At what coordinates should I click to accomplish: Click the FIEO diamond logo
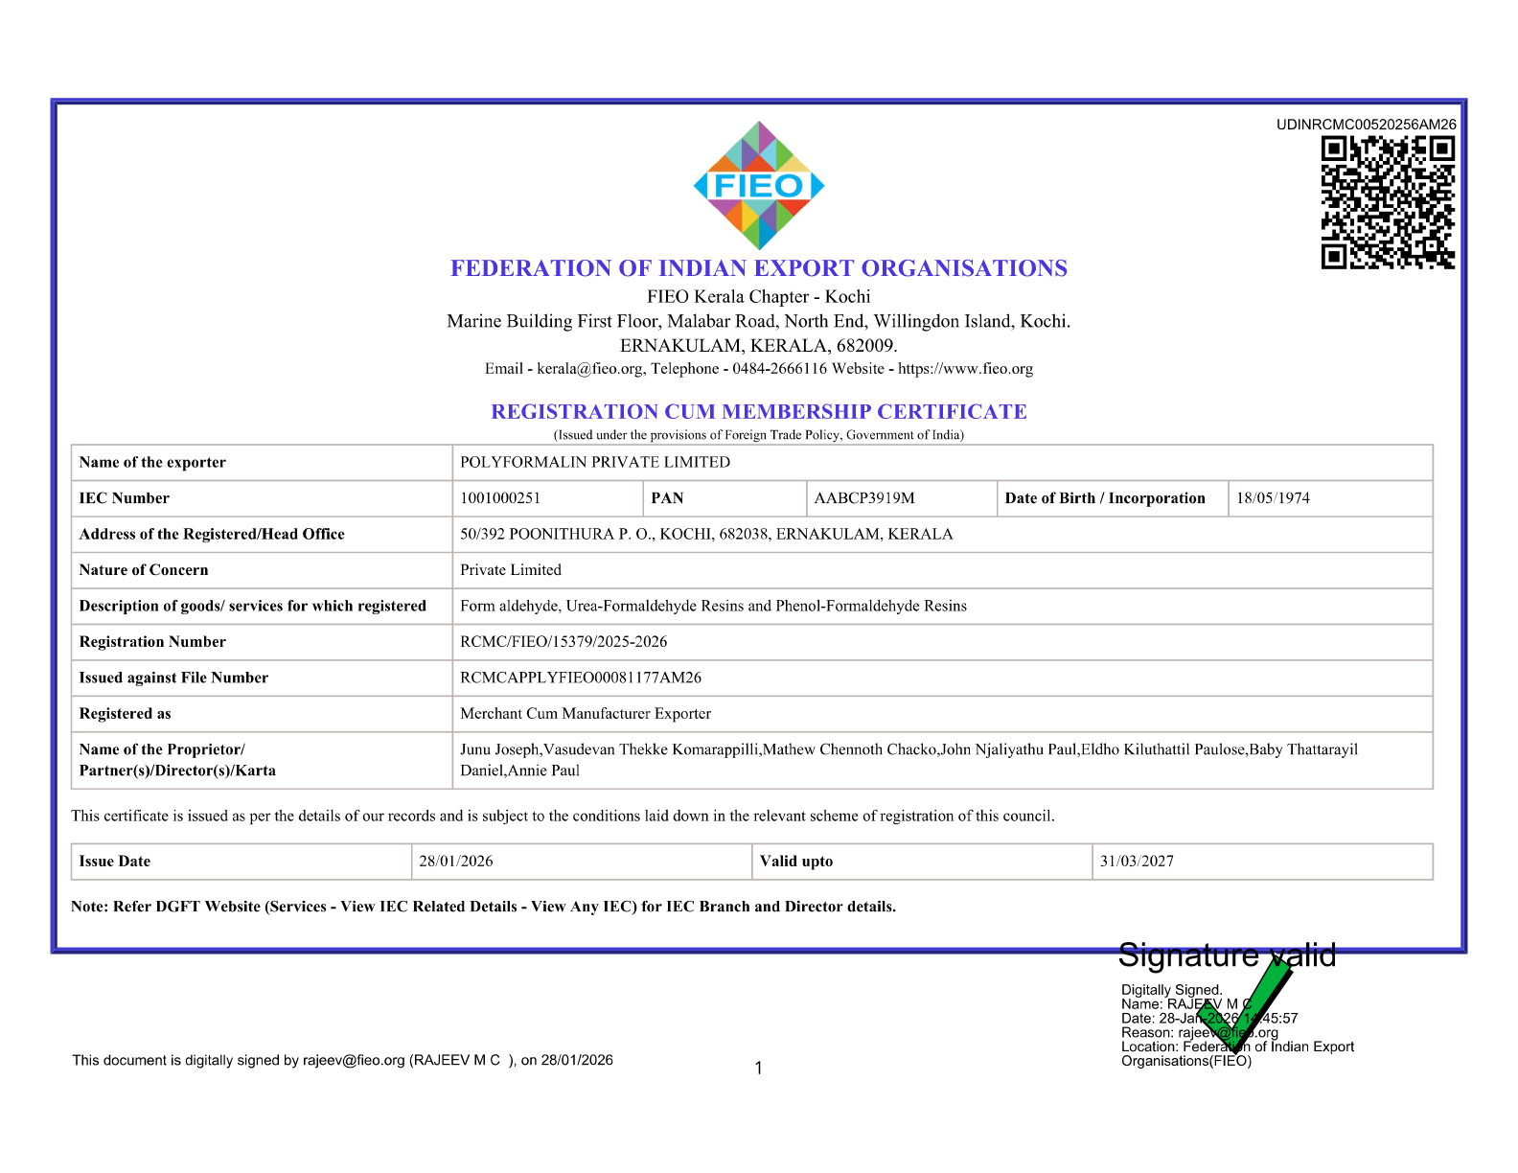point(758,186)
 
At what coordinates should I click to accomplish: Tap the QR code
point(1387,202)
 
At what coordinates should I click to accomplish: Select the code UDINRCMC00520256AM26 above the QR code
point(1366,125)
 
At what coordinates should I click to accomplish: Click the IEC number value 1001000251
point(500,498)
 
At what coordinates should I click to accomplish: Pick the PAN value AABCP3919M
point(863,498)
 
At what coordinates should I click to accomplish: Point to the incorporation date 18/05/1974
point(1272,498)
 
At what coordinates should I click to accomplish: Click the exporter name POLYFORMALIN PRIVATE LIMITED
point(594,462)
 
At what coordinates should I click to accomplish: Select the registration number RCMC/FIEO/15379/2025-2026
point(563,642)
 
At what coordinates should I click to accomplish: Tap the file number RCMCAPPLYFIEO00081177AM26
point(580,678)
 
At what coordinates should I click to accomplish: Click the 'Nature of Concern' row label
point(144,570)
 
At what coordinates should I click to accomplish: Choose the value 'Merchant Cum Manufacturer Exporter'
point(585,714)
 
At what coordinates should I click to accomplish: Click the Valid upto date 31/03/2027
point(1136,862)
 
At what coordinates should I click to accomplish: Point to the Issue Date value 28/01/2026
point(455,862)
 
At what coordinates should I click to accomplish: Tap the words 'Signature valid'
point(1226,955)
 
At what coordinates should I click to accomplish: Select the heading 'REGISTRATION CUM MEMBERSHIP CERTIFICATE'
point(758,412)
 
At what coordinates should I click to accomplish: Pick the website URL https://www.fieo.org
point(965,369)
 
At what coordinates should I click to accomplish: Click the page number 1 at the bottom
point(758,1069)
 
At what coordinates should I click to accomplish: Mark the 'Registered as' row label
point(126,714)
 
